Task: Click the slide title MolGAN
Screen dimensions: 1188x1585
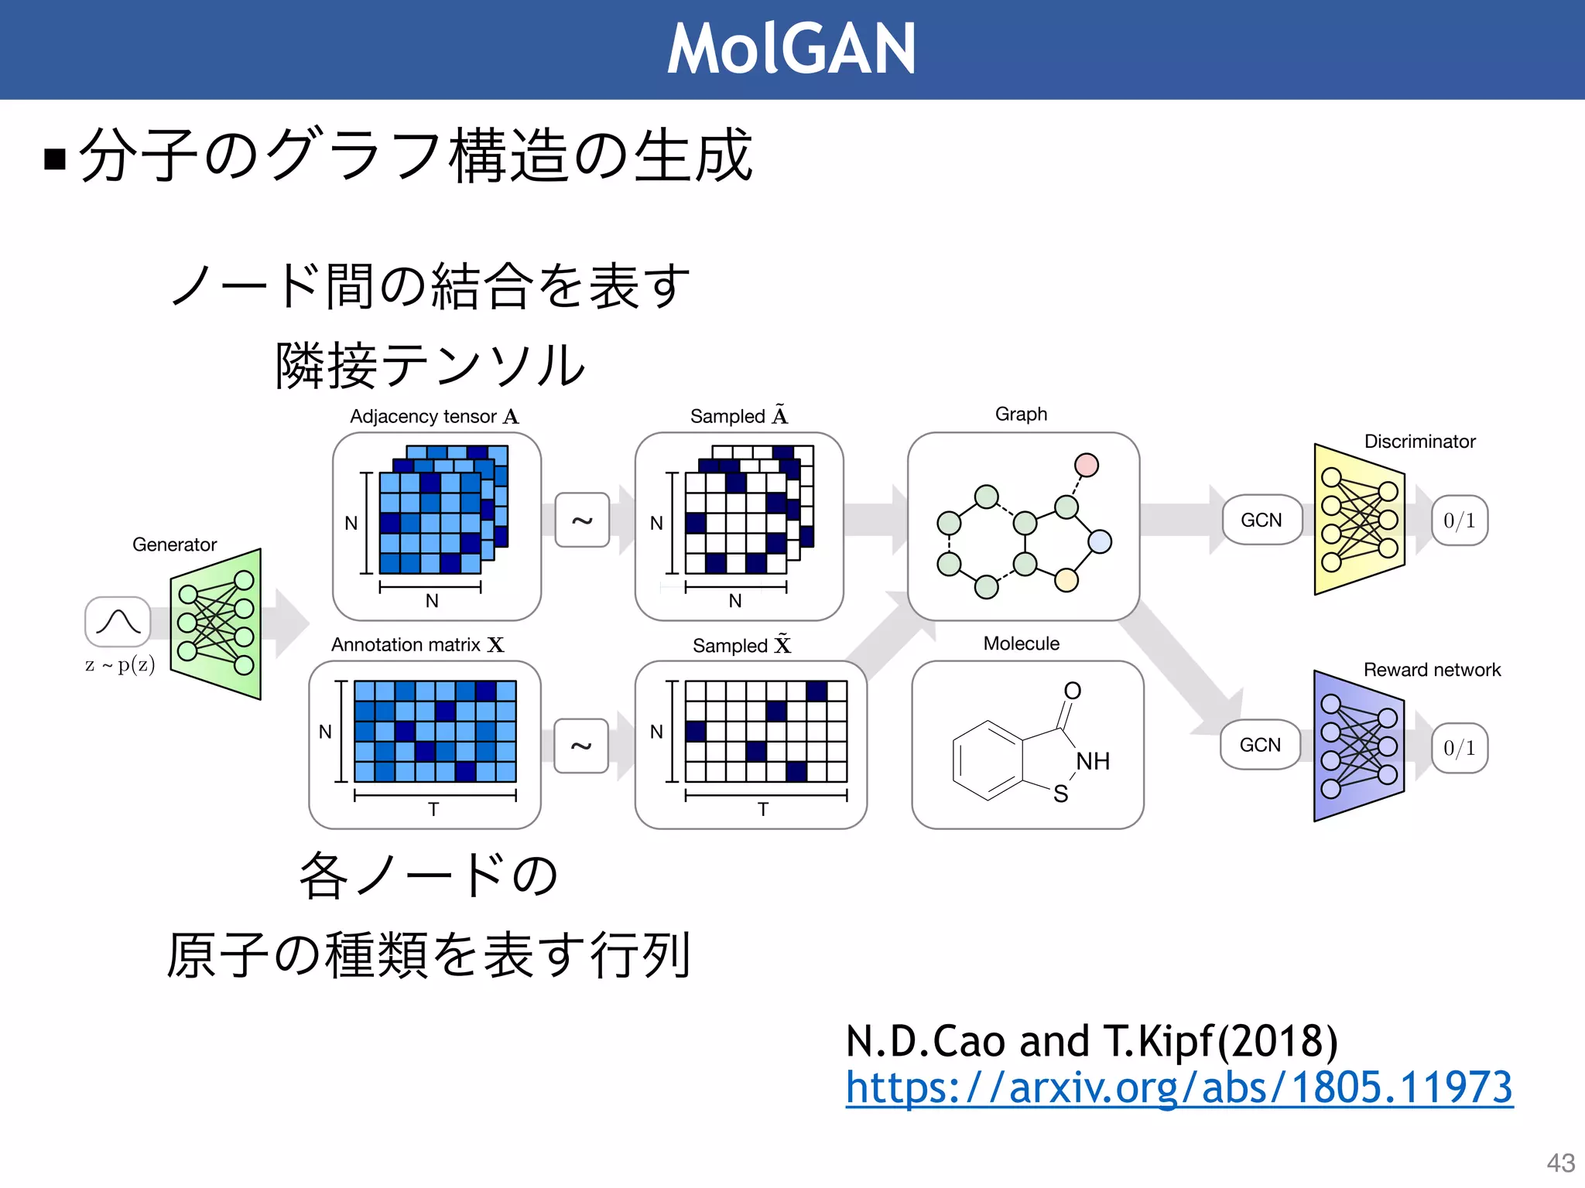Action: pos(791,49)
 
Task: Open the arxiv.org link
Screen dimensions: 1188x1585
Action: pos(1179,1087)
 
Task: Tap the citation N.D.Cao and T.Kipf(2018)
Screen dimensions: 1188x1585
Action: pos(1091,1040)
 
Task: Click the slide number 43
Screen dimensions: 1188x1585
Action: pos(1560,1162)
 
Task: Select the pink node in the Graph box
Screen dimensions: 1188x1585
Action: pos(1087,465)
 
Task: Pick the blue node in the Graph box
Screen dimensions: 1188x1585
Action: pos(1100,541)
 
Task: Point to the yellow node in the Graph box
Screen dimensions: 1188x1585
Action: pos(1066,579)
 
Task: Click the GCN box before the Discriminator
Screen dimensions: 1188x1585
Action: pos(1261,520)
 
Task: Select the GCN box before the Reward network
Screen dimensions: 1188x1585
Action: pos(1260,745)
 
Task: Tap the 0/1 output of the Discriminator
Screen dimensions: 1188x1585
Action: pos(1460,520)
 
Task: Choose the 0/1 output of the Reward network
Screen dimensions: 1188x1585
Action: pos(1460,748)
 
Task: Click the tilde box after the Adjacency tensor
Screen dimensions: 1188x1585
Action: pos(582,521)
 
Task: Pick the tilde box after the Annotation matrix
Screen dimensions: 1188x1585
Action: pos(581,746)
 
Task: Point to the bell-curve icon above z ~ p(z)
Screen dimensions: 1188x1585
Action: pos(118,622)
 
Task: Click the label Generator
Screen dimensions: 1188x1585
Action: pos(174,544)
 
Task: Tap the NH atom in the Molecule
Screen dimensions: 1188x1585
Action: pos(1093,761)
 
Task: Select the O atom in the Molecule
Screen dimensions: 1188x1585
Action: pos(1072,691)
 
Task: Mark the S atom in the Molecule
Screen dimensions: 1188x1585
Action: pos(1060,794)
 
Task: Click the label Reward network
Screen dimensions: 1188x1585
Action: pos(1432,670)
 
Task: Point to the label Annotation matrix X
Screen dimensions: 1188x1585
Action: pos(417,645)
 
